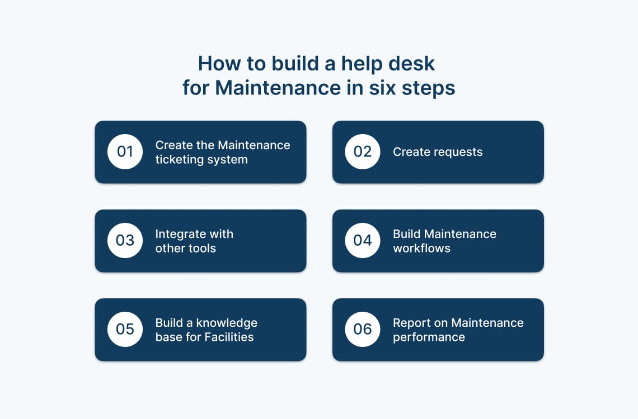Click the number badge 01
tap(125, 152)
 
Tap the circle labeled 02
tap(362, 152)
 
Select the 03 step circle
tap(125, 240)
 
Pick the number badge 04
tap(362, 240)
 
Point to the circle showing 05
tap(125, 329)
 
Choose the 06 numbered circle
tap(362, 329)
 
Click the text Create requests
tap(437, 152)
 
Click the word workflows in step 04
tap(421, 248)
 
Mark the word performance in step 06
tap(429, 337)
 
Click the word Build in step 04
tap(407, 234)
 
